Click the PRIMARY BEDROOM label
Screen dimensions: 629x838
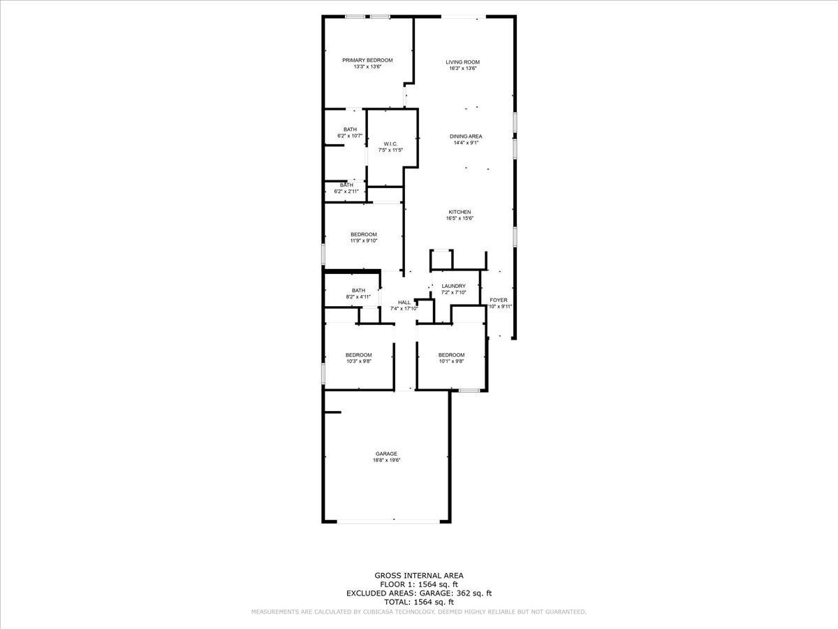click(367, 60)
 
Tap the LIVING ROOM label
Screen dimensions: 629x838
click(463, 62)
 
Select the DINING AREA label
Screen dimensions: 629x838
click(466, 136)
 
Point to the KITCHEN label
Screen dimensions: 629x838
click(460, 212)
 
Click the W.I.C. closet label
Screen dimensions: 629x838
click(390, 143)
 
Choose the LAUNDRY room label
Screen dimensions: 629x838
click(453, 286)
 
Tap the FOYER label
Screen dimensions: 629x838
click(499, 300)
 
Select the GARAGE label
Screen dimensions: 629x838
click(386, 454)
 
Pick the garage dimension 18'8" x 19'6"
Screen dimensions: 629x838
click(386, 461)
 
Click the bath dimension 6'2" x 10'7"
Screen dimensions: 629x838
click(350, 136)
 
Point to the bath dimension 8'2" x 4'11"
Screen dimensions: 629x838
click(358, 297)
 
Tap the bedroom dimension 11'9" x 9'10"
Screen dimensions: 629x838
click(364, 240)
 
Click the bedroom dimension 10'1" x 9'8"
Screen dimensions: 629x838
click(452, 361)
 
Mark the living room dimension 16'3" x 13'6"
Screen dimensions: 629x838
click(463, 68)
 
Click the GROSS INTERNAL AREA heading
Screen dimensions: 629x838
click(419, 576)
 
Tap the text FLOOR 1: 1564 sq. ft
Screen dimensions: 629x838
click(419, 584)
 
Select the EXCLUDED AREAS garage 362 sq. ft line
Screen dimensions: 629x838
click(419, 593)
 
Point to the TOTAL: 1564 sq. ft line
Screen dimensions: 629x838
click(419, 601)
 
